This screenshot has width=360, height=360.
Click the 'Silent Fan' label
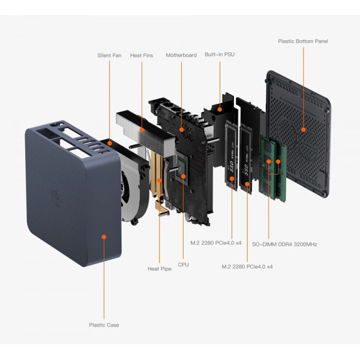(x=109, y=55)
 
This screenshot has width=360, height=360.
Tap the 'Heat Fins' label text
(x=142, y=55)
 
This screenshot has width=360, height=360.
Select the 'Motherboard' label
(x=181, y=55)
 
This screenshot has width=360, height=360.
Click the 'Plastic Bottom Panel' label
(x=303, y=41)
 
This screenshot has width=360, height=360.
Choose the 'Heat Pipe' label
(x=160, y=269)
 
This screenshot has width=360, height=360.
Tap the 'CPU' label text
(x=184, y=264)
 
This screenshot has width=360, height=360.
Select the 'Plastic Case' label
(x=104, y=325)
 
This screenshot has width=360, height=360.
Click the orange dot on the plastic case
(x=104, y=237)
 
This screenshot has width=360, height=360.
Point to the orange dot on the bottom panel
(x=303, y=129)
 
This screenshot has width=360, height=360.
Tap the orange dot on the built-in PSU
(x=220, y=109)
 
